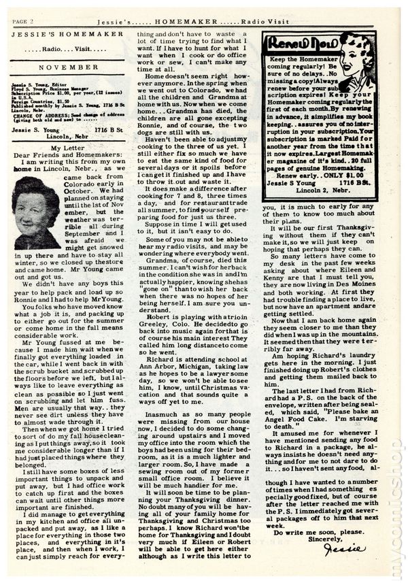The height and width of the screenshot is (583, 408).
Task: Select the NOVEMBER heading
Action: (x=65, y=68)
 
